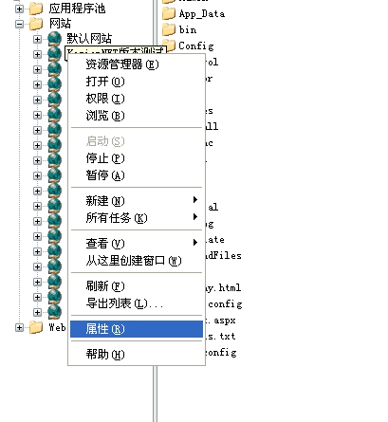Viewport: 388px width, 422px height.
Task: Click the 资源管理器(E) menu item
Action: pos(121,64)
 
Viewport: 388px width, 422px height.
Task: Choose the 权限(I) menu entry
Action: pos(104,99)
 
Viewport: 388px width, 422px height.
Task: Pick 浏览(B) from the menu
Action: pos(104,116)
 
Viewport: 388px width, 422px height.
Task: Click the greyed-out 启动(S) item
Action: pos(104,141)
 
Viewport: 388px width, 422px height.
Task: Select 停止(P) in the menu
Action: pos(104,158)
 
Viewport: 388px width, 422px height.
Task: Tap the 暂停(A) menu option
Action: pos(104,175)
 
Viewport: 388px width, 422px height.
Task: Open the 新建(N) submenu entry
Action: pos(104,201)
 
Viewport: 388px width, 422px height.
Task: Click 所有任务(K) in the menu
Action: pos(116,218)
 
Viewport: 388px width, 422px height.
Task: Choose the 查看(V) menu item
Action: pos(104,244)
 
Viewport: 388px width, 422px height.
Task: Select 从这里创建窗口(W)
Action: pos(133,261)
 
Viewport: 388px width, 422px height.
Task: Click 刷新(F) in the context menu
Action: pos(104,286)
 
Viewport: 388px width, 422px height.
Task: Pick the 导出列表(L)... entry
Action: pos(123,303)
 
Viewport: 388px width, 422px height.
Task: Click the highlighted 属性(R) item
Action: pos(104,329)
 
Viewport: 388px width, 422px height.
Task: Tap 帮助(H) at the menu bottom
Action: pos(104,355)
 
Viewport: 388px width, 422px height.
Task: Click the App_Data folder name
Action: pos(202,13)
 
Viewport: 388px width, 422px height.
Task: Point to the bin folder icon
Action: pos(169,29)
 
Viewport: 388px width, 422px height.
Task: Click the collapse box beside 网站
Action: pos(20,23)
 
